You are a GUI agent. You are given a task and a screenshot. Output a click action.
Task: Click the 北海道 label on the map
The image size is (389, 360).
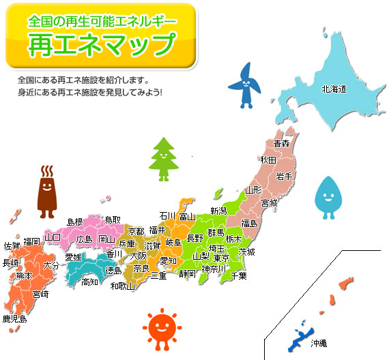334,89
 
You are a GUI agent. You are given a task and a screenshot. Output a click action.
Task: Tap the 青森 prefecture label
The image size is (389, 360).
281,144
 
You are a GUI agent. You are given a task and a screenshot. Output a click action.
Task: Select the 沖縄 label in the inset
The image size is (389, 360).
319,342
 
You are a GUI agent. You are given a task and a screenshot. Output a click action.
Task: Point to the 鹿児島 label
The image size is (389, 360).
14,318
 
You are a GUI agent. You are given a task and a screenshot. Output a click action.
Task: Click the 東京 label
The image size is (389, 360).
221,258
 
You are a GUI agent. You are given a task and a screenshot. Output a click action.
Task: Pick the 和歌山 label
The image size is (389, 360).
123,286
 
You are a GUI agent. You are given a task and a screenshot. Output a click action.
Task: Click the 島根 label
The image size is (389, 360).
74,222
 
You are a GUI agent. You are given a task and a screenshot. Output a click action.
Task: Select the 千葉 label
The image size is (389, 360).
239,275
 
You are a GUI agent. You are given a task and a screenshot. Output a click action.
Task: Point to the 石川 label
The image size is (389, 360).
168,216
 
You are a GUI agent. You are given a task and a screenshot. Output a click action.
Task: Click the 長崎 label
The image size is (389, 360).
10,262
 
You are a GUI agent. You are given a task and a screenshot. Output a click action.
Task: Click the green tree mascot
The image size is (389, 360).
162,158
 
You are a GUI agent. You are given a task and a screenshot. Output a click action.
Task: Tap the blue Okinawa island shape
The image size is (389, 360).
300,337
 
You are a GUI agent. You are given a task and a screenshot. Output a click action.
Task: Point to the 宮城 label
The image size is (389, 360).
270,203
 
